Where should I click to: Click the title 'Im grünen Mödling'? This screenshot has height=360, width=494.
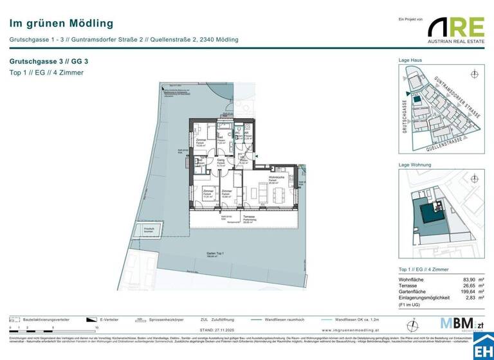(61, 23)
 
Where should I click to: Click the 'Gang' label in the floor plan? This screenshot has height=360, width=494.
(221, 160)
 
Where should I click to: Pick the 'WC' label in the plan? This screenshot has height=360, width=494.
(237, 134)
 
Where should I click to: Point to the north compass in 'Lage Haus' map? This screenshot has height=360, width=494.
(474, 74)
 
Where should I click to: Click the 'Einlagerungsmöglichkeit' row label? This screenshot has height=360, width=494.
(429, 298)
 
